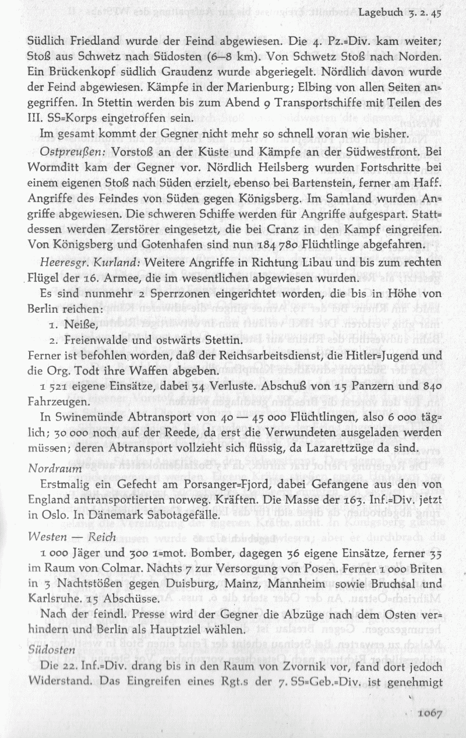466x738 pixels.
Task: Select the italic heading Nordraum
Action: [x=51, y=468]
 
